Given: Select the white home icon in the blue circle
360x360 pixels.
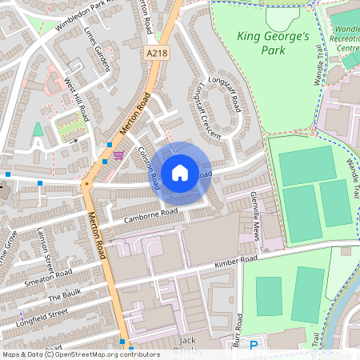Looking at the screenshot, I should pyautogui.click(x=179, y=173).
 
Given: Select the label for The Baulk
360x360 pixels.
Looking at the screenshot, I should pyautogui.click(x=60, y=297).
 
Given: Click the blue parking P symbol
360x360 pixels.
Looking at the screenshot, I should pyautogui.click(x=254, y=346).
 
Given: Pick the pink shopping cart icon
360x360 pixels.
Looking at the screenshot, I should pyautogui.click(x=119, y=155).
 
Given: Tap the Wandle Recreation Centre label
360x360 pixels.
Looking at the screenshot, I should pyautogui.click(x=344, y=37).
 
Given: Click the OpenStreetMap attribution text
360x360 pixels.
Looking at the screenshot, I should pyautogui.click(x=91, y=354).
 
